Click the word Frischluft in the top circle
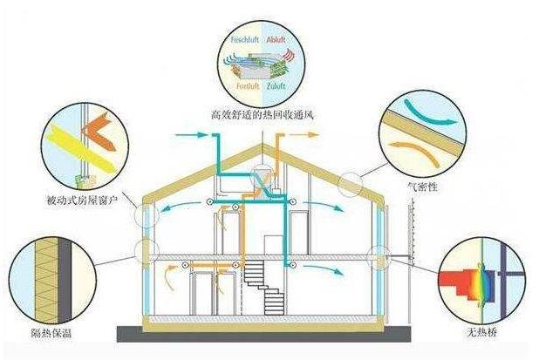pyautogui.click(x=244, y=39)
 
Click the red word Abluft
pyautogui.click(x=276, y=39)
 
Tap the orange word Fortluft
pyautogui.click(x=248, y=86)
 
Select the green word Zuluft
pyautogui.click(x=276, y=86)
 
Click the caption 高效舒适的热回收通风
pyautogui.click(x=263, y=115)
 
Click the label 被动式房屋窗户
pyautogui.click(x=82, y=200)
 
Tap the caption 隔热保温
pyautogui.click(x=51, y=332)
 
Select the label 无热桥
pyautogui.click(x=482, y=332)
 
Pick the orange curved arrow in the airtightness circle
pyautogui.click(x=416, y=151)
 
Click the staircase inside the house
pyautogui.click(x=264, y=287)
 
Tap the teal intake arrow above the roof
pyautogui.click(x=191, y=135)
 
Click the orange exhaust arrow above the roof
pyautogui.click(x=304, y=134)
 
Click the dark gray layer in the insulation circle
pyautogui.click(x=65, y=280)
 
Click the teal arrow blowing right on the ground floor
pyautogui.click(x=324, y=269)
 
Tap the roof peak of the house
pyautogui.click(x=263, y=145)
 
